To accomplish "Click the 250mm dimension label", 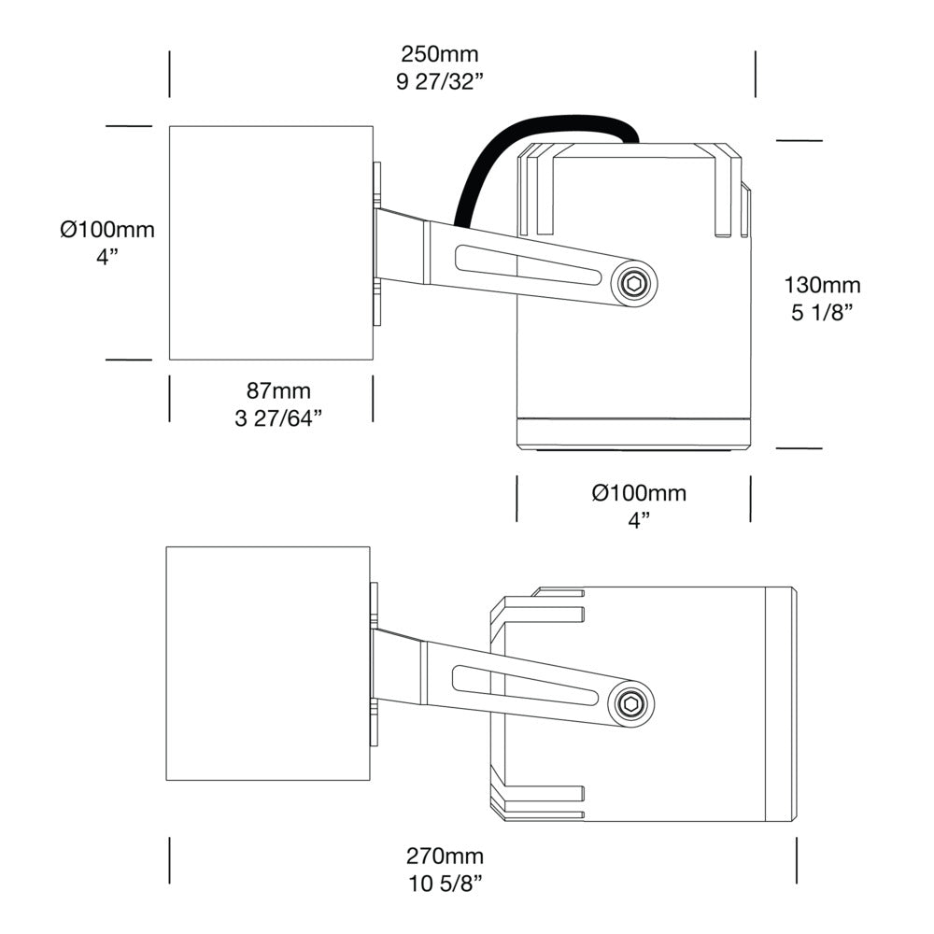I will (439, 54).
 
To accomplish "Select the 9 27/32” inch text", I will (439, 81).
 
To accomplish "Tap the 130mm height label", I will (822, 286).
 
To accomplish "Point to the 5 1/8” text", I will (822, 313).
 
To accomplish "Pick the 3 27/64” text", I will (278, 417).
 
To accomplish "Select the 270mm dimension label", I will (445, 856).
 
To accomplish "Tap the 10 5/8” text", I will (445, 883).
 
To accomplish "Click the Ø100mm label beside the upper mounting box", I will (107, 230).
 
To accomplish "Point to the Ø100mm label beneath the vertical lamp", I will (639, 493).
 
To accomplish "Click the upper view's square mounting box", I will (270, 243).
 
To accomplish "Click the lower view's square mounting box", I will (267, 663).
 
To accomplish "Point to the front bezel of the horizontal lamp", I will (781, 705).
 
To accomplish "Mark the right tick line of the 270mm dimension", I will (796, 859).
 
